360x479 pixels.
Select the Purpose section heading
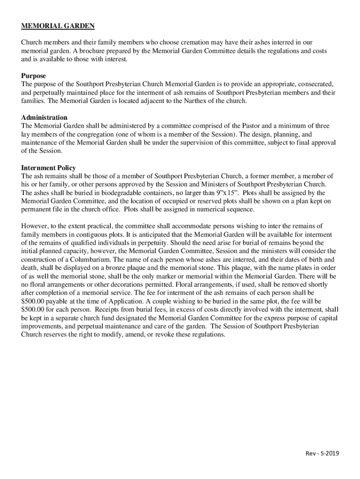(x=34, y=76)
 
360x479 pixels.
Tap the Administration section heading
(x=44, y=117)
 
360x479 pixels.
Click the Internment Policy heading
(x=49, y=167)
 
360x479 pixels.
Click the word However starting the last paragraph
(x=36, y=226)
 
